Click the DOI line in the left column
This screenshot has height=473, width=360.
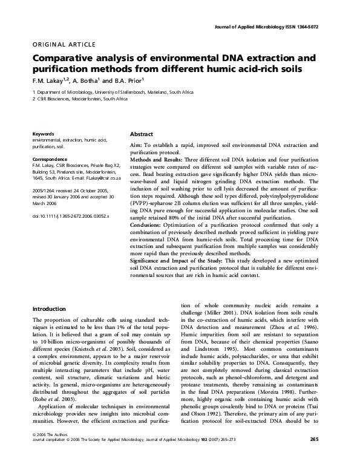pos(70,215)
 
